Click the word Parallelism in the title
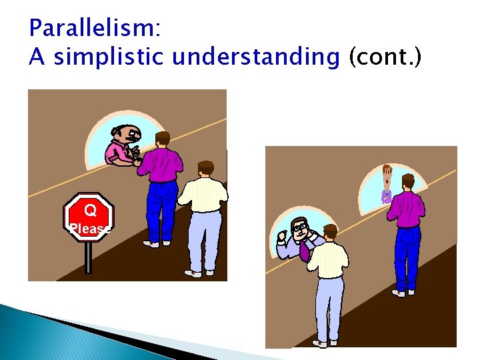pyautogui.click(x=92, y=29)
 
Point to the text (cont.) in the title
pyautogui.click(x=385, y=57)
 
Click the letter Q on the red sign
pyautogui.click(x=90, y=211)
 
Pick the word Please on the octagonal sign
pyautogui.click(x=90, y=229)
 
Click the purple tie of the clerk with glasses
pyautogui.click(x=304, y=250)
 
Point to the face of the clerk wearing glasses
pyautogui.click(x=300, y=229)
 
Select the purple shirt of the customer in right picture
pyautogui.click(x=405, y=209)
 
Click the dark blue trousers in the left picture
pyautogui.click(x=162, y=207)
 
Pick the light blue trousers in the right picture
pyautogui.click(x=329, y=307)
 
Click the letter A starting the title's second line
pyautogui.click(x=37, y=57)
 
